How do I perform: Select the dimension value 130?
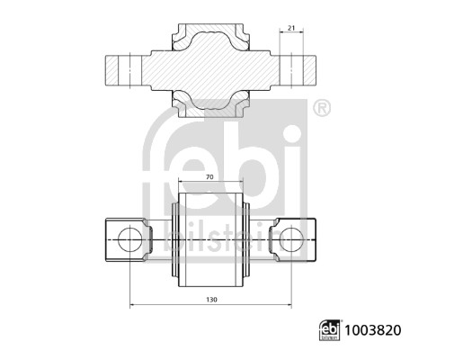click(x=211, y=299)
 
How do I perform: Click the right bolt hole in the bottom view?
click(x=293, y=238)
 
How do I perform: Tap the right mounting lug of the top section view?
click(x=297, y=70)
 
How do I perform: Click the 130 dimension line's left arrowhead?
click(x=133, y=305)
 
